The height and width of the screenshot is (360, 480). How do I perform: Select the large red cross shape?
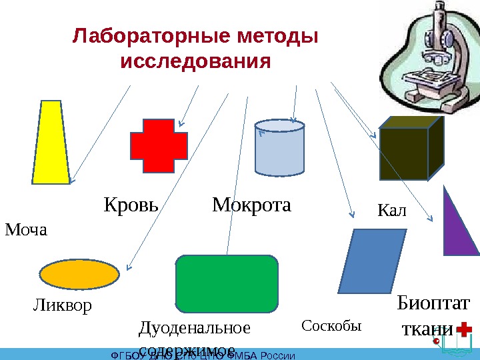pos(159,146)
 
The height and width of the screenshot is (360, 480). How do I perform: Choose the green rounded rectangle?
pos(227,283)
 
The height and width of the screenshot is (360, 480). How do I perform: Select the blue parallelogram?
pos(372,261)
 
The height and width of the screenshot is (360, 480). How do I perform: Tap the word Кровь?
pos(131,205)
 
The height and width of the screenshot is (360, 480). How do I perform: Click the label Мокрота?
pos(252,205)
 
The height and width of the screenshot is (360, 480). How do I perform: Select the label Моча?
pos(27,231)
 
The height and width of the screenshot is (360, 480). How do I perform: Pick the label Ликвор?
pos(61,306)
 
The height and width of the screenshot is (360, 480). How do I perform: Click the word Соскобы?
pos(331,326)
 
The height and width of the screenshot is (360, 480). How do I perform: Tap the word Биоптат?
pos(433,304)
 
